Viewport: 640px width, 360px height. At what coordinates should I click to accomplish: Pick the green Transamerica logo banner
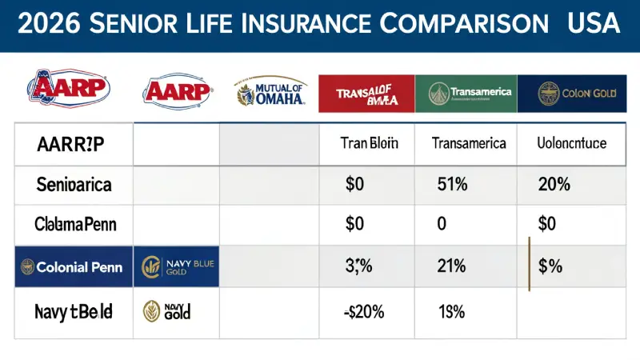pyautogui.click(x=466, y=93)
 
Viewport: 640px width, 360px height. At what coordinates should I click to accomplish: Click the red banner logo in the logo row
pyautogui.click(x=367, y=93)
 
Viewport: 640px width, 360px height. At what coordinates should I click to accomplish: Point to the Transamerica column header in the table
pyautogui.click(x=468, y=144)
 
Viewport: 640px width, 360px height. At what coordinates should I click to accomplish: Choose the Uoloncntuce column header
pyautogui.click(x=570, y=144)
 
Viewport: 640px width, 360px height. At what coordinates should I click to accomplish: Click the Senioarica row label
pyautogui.click(x=74, y=186)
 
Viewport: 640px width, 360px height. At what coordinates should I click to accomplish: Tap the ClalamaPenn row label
pyautogui.click(x=75, y=225)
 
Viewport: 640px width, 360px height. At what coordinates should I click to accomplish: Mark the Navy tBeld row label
pyautogui.click(x=74, y=311)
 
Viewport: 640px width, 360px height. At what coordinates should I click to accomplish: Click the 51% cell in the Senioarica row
pyautogui.click(x=453, y=186)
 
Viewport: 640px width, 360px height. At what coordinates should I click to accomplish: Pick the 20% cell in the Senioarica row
pyautogui.click(x=554, y=186)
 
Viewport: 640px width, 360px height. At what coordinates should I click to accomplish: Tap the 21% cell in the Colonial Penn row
pyautogui.click(x=453, y=267)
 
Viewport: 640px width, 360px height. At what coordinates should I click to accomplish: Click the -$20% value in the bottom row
pyautogui.click(x=363, y=311)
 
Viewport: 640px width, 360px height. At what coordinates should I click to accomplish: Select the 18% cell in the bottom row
pyautogui.click(x=453, y=311)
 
